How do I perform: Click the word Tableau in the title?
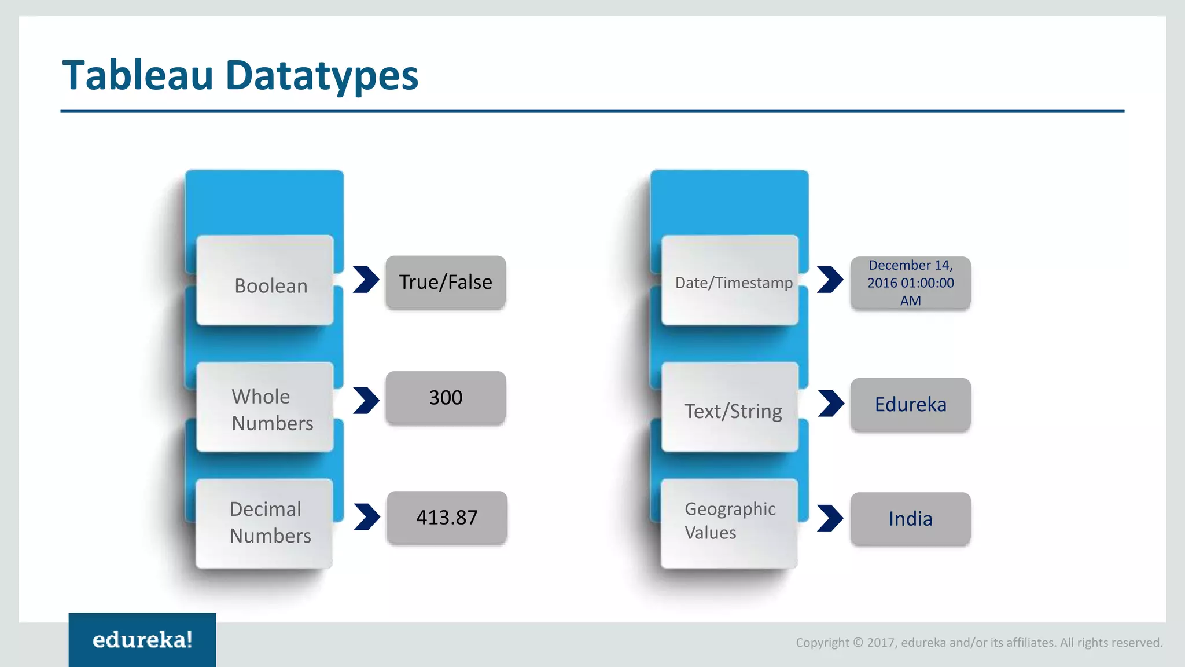coord(138,76)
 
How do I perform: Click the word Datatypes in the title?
coord(321,76)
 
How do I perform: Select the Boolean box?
coord(265,281)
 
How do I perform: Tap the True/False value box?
coord(446,282)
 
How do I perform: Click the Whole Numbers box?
coord(265,408)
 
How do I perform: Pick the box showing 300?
coord(446,398)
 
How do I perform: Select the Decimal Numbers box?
coord(264,523)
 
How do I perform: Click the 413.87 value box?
coord(447,517)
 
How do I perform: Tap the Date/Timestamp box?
coord(730,281)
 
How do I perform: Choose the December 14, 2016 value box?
coord(910,283)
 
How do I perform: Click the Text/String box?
coord(730,408)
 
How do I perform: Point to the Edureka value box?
coord(910,404)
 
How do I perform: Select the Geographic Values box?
coord(729,523)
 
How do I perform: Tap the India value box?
coord(910,519)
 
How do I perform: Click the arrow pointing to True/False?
coord(366,280)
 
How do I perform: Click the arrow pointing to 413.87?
coord(366,517)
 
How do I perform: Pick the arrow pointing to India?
coord(830,518)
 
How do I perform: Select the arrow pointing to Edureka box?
coord(831,403)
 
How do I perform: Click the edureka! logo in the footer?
coord(142,640)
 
